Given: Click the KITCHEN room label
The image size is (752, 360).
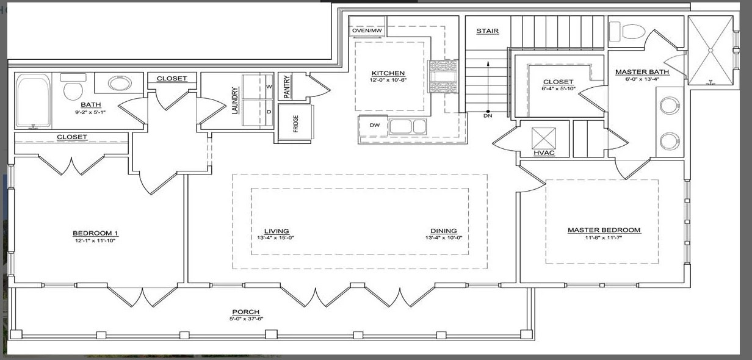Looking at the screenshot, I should pos(388,73).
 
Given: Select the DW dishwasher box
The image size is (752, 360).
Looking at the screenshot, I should pos(374,125).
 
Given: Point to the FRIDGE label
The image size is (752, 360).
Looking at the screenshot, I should pos(296,123).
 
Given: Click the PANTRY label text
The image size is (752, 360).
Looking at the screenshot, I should pos(285,85).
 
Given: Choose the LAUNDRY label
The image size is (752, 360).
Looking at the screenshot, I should pos(234,101).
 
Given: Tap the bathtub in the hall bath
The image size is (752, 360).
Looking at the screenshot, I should pos(34,101).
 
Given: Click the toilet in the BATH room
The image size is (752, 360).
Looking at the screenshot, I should pos(73,90).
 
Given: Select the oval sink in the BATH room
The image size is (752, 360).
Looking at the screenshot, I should pos(120,82).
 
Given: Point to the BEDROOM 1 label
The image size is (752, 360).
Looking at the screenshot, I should pos(95,233).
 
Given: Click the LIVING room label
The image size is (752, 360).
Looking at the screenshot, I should pos(277,231).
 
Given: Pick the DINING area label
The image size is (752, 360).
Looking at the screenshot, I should pos(443,231).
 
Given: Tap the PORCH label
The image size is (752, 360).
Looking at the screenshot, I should pos(246,312).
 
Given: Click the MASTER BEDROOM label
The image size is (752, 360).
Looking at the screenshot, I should pos(604,230).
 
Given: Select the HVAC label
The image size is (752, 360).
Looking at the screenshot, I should pos(543,153).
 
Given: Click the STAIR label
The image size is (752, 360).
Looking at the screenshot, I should pos(487,31).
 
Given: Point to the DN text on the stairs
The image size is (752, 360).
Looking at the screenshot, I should pos(488,115).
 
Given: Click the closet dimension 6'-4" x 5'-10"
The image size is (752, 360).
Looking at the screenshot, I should pos(558,89).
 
